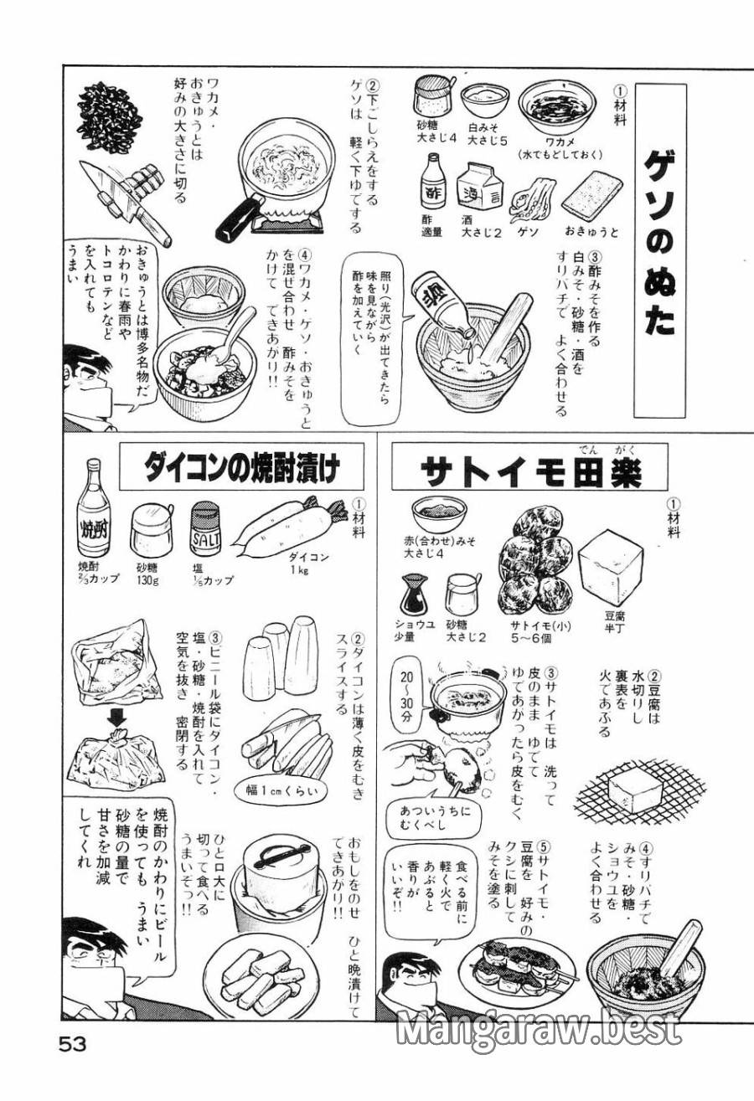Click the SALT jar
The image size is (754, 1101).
(205, 532)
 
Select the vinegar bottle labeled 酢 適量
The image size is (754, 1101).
(434, 184)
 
